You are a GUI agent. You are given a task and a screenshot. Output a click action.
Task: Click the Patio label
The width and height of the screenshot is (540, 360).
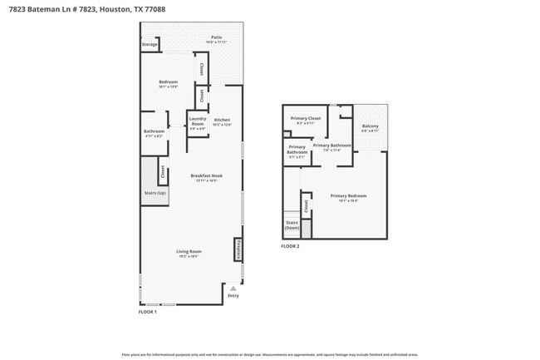pos(216,37)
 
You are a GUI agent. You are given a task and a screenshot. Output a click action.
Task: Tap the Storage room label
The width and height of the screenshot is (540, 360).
pos(149,44)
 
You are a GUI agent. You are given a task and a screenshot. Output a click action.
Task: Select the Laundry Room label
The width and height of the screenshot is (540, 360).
pos(197,121)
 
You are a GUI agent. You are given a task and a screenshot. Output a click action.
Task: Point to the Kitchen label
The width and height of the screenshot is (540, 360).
pos(222,121)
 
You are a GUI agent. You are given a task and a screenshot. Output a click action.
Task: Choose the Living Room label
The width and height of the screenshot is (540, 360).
pos(189,252)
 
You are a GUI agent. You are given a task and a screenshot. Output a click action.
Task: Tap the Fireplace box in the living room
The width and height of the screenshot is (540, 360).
pos(237,249)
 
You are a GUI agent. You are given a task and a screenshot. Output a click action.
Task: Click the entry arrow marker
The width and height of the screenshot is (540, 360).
pos(233,287)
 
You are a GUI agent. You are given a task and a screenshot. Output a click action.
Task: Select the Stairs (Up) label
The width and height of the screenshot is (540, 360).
pos(155,193)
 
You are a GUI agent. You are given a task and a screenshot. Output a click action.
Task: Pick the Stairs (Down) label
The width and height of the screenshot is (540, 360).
pos(292,225)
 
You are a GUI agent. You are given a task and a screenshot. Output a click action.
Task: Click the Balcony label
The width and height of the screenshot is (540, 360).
pos(371,127)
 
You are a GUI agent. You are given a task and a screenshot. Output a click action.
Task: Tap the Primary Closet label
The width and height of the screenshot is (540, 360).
pos(305,119)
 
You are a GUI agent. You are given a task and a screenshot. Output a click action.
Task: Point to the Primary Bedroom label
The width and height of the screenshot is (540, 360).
pos(348,197)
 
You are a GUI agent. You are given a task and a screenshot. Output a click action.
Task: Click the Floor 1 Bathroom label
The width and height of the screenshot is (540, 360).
pos(154,131)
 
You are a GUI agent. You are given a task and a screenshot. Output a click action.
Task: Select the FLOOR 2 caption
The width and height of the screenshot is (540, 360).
pos(290,247)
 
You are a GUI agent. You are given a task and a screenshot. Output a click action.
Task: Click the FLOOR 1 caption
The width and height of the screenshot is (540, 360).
pos(147,312)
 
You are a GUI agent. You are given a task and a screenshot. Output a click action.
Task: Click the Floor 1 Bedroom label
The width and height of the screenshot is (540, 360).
pos(169,82)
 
